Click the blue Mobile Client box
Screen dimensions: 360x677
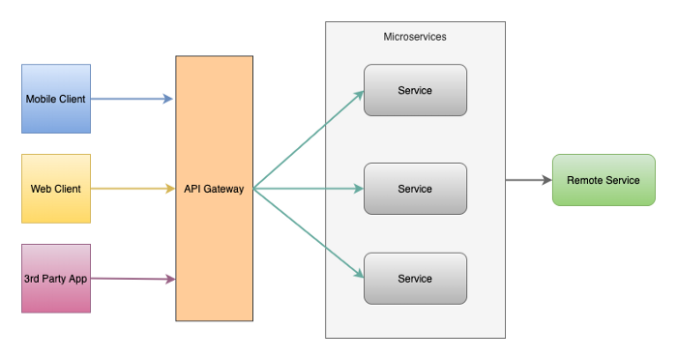(x=56, y=99)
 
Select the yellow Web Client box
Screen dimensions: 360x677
(x=56, y=189)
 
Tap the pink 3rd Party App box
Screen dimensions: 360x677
(x=56, y=279)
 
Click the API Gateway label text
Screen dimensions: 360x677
(x=214, y=189)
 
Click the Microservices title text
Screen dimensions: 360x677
(x=415, y=37)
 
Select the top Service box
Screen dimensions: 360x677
(x=415, y=91)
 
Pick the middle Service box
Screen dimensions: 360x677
(x=415, y=189)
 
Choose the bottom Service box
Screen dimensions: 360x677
(x=415, y=279)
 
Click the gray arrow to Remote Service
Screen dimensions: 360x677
(x=527, y=180)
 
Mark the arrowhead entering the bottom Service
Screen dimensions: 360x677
(x=359, y=275)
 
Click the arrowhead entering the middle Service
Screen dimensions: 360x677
(x=359, y=189)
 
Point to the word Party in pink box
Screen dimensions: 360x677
(x=56, y=279)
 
